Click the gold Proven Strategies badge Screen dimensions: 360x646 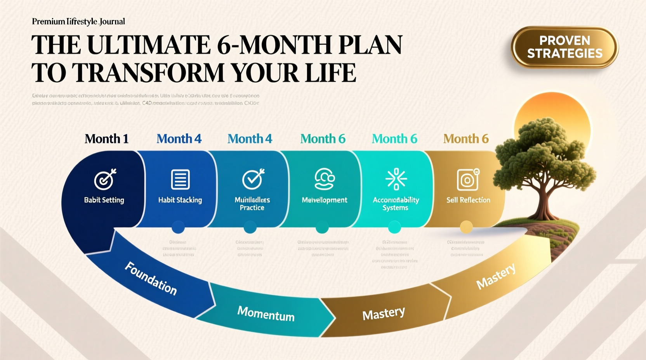click(564, 47)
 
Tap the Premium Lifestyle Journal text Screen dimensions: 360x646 click(78, 22)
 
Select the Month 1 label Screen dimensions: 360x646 click(106, 139)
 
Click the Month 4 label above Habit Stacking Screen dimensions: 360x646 click(179, 139)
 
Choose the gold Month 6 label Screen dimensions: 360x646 click(466, 139)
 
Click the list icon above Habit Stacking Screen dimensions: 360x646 click(180, 179)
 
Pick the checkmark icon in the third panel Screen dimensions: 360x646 click(253, 179)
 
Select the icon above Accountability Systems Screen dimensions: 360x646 click(396, 179)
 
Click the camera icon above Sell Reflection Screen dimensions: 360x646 click(468, 180)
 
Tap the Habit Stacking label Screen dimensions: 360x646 click(180, 200)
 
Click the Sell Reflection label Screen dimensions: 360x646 click(468, 200)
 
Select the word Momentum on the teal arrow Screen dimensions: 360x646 click(266, 314)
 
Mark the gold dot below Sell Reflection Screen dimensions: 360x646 click(466, 227)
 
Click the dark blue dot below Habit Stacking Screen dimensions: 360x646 click(178, 227)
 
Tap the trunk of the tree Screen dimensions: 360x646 click(541, 202)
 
